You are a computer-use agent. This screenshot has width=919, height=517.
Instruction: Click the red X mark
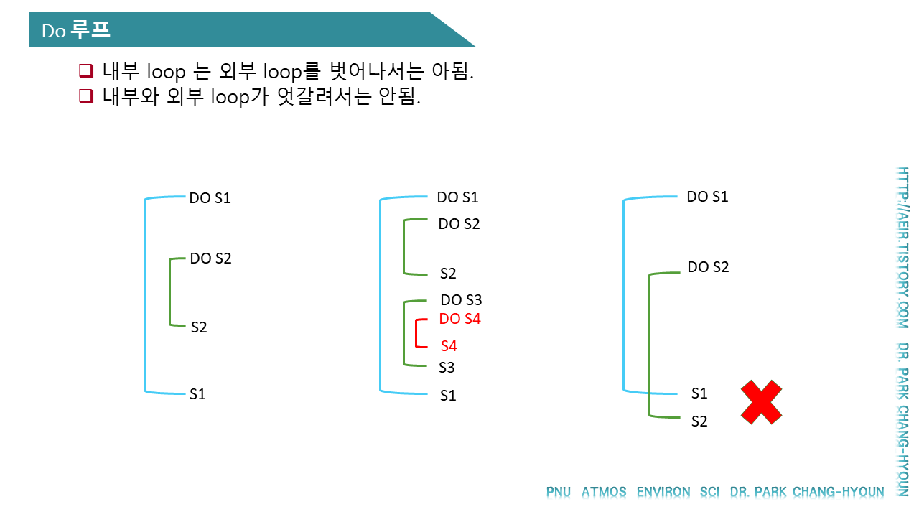click(x=761, y=402)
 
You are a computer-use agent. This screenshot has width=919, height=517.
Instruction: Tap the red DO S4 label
click(x=459, y=319)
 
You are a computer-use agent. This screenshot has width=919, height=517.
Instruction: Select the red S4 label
click(x=449, y=346)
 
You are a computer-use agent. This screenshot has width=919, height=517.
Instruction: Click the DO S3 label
click(x=461, y=300)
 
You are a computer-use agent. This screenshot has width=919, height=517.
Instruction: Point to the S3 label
click(x=447, y=368)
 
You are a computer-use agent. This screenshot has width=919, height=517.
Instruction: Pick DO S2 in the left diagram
click(x=210, y=258)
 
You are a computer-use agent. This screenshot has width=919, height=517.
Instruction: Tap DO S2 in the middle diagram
click(x=459, y=224)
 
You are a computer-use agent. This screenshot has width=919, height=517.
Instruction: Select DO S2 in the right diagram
click(x=708, y=267)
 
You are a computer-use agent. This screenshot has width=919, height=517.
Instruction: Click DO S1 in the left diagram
click(x=210, y=198)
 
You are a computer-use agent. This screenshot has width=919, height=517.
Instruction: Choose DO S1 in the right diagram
click(x=707, y=197)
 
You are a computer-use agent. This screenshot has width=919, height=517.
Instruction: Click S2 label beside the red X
click(x=699, y=421)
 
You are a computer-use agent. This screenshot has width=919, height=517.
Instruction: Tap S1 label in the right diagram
click(x=699, y=393)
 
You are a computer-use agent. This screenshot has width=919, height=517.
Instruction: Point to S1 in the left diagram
click(x=197, y=394)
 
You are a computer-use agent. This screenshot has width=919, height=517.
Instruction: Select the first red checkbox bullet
click(x=86, y=71)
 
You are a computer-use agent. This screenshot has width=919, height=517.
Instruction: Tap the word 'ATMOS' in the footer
click(x=603, y=493)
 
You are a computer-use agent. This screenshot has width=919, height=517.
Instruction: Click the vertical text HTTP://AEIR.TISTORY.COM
click(x=902, y=248)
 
